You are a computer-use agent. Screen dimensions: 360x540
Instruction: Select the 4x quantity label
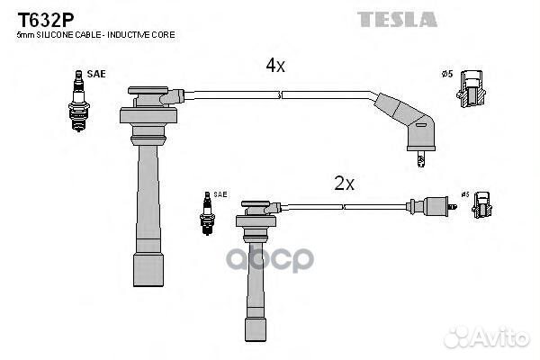(275, 65)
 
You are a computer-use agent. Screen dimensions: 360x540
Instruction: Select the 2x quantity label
(345, 184)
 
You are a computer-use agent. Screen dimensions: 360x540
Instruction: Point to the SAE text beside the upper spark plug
(97, 74)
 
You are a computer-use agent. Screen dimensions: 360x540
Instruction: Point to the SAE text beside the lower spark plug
(220, 194)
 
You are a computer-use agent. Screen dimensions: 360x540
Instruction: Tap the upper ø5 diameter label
(446, 74)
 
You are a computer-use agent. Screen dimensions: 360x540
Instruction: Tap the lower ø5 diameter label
(465, 194)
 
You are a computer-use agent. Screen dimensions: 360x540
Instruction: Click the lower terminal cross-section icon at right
(483, 207)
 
